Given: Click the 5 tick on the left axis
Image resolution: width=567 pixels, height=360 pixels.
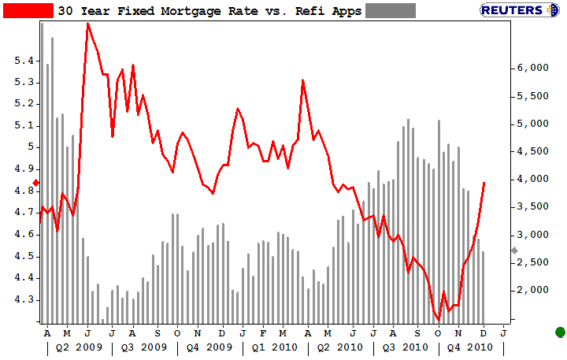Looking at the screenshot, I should [x=30, y=147].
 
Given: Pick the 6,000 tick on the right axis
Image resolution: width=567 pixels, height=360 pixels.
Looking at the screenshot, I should [x=532, y=69].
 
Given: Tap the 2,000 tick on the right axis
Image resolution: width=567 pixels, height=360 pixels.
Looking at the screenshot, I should [x=532, y=290].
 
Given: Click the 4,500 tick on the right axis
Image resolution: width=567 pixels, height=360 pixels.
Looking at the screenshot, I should [x=532, y=151].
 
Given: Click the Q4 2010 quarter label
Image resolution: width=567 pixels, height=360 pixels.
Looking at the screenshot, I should [x=470, y=347].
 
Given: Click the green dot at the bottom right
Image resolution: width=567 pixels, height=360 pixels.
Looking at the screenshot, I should [x=560, y=332].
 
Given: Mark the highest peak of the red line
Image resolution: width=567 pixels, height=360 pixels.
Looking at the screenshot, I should [x=87, y=23].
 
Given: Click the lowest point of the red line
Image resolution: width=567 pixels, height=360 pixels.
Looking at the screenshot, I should [x=438, y=319].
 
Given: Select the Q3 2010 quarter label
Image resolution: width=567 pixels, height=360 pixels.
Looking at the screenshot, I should [x=403, y=347].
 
